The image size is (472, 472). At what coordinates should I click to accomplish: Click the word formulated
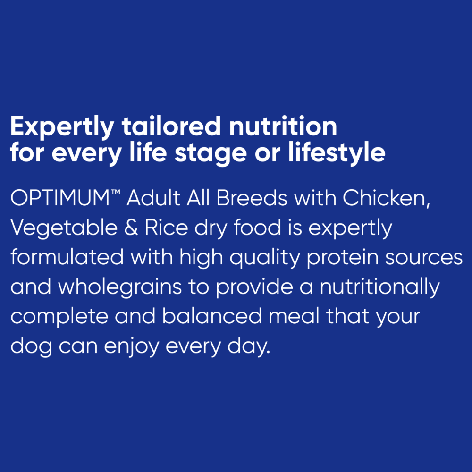click(67, 258)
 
